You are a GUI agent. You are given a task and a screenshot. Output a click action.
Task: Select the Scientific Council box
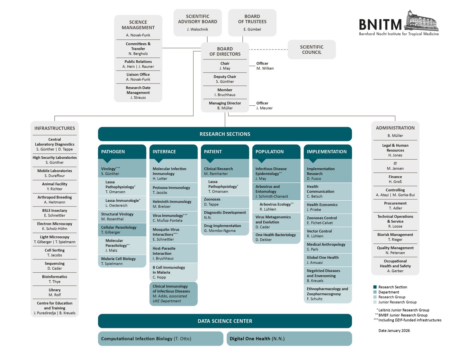tap(311, 49)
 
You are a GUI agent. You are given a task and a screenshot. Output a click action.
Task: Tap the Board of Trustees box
tap(252, 22)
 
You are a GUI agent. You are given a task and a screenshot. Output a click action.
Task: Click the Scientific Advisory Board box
tap(197, 22)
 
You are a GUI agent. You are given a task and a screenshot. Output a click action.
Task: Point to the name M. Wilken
tap(265, 68)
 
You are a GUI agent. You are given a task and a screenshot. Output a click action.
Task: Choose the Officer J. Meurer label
tap(264, 106)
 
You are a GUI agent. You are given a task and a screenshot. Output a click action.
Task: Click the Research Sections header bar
tap(225, 134)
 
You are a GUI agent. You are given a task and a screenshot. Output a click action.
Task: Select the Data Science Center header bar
tap(225, 321)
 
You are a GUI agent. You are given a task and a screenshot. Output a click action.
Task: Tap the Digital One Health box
tap(289, 338)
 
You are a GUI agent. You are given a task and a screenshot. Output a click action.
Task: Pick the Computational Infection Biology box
tap(160, 338)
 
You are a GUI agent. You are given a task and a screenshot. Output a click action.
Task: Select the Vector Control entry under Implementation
tap(328, 233)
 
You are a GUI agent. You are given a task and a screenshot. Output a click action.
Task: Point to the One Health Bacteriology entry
tap(276, 237)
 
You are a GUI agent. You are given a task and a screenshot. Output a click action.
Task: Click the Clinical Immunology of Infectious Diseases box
tap(173, 294)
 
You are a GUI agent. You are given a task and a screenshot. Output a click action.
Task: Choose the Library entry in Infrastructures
tap(55, 292)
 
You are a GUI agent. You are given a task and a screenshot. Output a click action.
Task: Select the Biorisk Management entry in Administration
tap(395, 237)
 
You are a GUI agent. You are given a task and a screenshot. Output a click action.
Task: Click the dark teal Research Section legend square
tap(375, 287)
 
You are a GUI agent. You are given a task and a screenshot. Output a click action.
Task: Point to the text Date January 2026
tap(394, 330)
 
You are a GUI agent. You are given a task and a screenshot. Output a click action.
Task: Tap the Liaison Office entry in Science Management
tap(138, 77)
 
